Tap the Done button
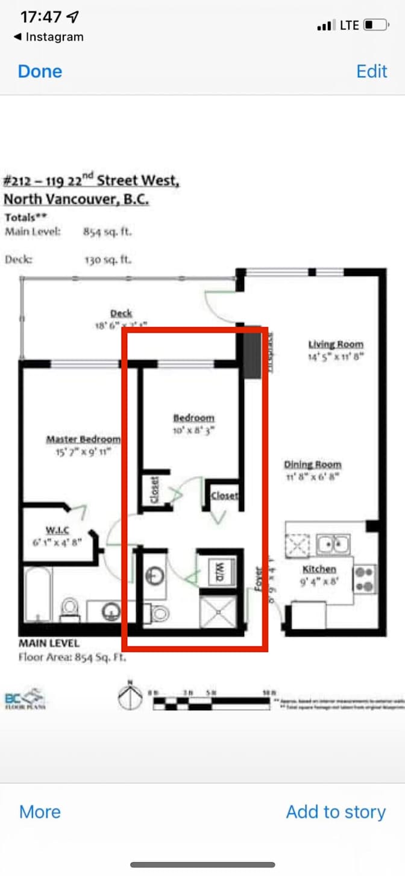[40, 71]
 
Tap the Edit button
[371, 71]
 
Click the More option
[40, 812]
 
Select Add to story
[336, 812]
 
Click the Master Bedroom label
[83, 439]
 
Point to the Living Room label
[336, 345]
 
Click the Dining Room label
[312, 465]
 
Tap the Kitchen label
[319, 569]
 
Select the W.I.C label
[58, 530]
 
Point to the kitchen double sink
[333, 543]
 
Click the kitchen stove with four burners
[364, 578]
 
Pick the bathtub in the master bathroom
[38, 594]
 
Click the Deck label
[121, 313]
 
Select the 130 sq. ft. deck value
[108, 260]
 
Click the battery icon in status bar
[375, 25]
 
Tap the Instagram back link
[49, 37]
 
